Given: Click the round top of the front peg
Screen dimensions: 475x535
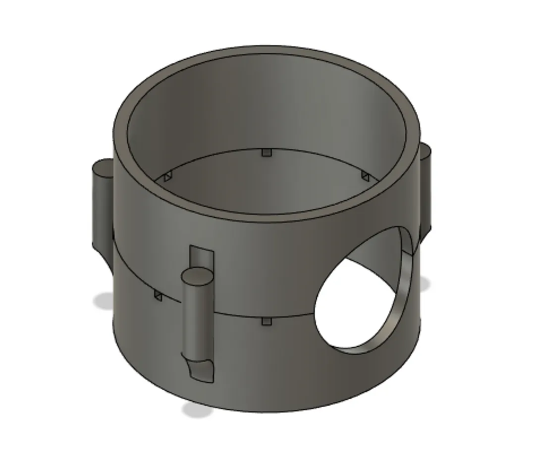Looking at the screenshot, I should tap(197, 275).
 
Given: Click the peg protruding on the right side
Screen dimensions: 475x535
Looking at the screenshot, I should tap(427, 188).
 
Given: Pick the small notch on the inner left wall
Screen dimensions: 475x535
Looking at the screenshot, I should tap(168, 176).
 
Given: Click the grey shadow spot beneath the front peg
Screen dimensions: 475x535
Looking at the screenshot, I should tap(196, 410).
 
